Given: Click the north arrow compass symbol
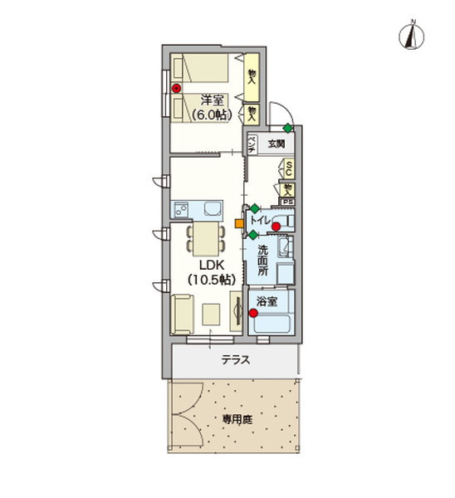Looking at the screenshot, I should coord(412,34).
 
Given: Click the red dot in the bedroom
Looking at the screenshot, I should coord(176,88).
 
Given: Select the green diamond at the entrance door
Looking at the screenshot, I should coord(287,128).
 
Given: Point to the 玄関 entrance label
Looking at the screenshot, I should coord(276,143).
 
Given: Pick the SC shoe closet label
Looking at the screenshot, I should coord(287,168).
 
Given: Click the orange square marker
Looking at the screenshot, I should coord(238,222).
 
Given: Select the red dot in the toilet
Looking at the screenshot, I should coord(276,225).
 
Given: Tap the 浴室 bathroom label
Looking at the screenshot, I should coord(266,300).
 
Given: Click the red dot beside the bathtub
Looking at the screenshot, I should coord(253,313).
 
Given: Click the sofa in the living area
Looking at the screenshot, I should coord(183,313).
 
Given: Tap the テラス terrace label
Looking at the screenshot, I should coord(236,360).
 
